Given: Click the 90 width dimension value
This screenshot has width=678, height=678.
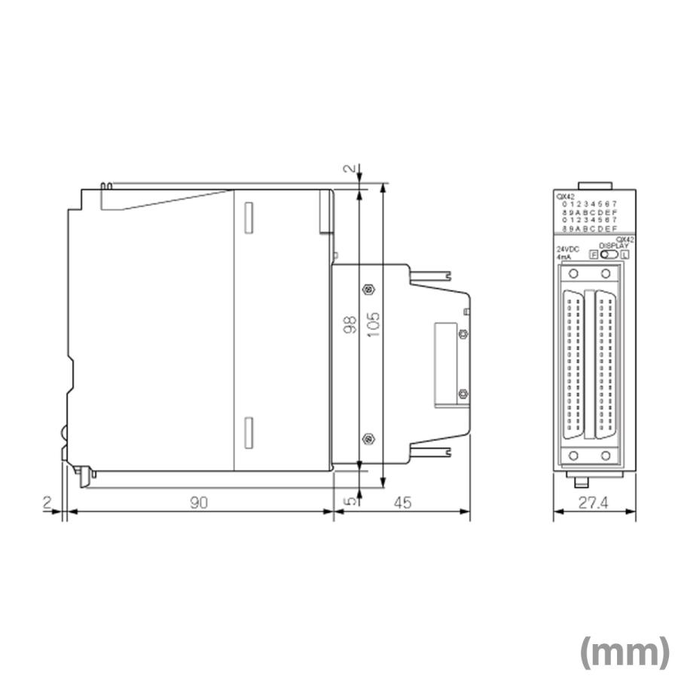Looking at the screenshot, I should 198,503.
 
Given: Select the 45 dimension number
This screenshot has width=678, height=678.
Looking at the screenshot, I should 402,503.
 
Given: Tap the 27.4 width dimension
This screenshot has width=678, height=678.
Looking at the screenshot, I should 594,503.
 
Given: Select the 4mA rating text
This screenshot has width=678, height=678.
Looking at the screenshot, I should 564,257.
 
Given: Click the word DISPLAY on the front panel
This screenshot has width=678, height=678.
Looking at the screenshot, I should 613,246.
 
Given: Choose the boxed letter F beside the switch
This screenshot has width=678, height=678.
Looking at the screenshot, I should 594,255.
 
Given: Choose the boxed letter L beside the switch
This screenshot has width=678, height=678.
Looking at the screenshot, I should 625,255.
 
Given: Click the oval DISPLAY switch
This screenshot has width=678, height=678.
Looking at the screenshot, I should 609,255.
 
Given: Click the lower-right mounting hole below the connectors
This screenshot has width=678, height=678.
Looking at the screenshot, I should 606,455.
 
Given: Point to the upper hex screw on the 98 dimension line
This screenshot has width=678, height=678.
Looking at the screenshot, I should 367,289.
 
